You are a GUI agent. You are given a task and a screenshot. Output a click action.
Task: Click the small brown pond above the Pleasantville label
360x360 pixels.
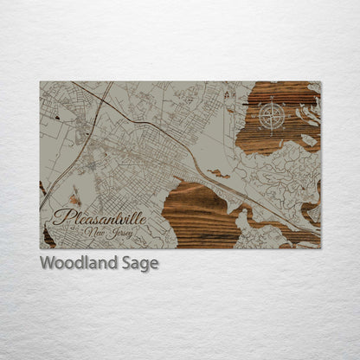pyautogui.click(x=75, y=198)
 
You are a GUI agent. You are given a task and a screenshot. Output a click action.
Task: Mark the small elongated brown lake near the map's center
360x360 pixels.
pyautogui.click(x=217, y=174)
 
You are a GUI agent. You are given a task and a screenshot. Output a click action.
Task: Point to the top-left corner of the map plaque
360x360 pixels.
pyautogui.click(x=40, y=81)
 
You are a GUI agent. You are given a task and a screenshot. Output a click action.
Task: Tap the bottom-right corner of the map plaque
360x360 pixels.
pyautogui.click(x=320, y=248)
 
